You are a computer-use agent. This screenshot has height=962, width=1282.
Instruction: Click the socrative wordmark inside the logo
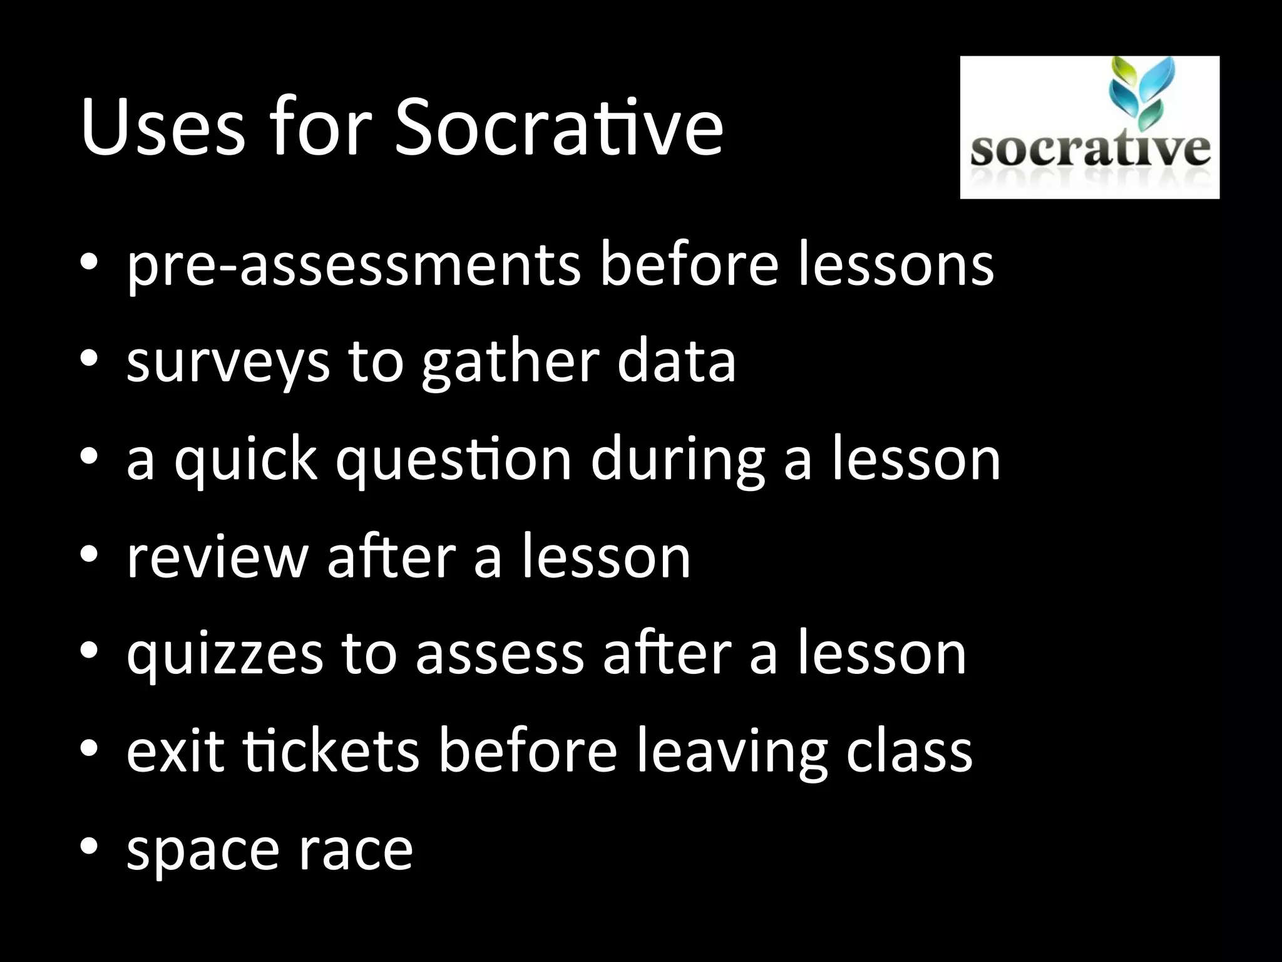click(x=1090, y=151)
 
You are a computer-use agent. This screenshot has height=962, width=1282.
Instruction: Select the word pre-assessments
click(x=354, y=266)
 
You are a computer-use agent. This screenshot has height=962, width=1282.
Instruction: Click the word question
click(x=454, y=460)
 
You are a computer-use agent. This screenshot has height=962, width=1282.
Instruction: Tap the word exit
click(x=175, y=751)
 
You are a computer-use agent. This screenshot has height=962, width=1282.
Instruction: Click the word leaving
click(x=732, y=752)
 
